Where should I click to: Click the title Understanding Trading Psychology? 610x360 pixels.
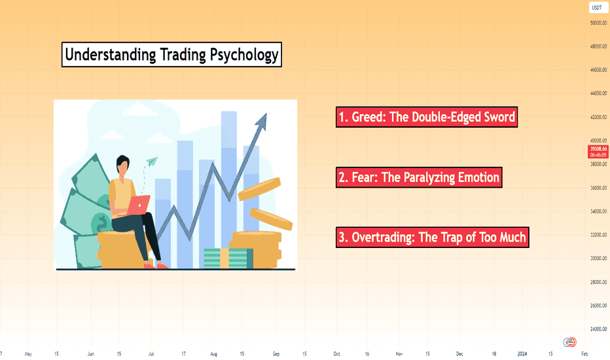171,54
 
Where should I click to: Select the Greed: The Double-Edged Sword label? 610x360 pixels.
427,117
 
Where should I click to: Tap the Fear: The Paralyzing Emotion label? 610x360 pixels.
419,177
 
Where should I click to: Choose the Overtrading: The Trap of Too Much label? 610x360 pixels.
432,238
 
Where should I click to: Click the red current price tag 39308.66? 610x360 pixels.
598,152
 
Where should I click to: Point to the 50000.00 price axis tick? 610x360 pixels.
598,23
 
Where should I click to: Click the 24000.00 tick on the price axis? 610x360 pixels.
598,329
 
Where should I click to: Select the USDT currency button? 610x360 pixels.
597,7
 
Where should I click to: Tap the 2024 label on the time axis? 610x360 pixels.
522,353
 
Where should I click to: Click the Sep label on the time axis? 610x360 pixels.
276,353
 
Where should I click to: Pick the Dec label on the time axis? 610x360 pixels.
459,353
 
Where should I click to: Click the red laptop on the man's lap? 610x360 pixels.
138,205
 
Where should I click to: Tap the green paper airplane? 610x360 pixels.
152,161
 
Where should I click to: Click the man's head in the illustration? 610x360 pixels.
123,166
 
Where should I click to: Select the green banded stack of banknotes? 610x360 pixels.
228,259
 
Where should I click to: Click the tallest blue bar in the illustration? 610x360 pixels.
229,190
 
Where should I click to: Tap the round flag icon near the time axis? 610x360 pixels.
570,342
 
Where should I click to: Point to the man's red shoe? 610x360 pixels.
162,266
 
